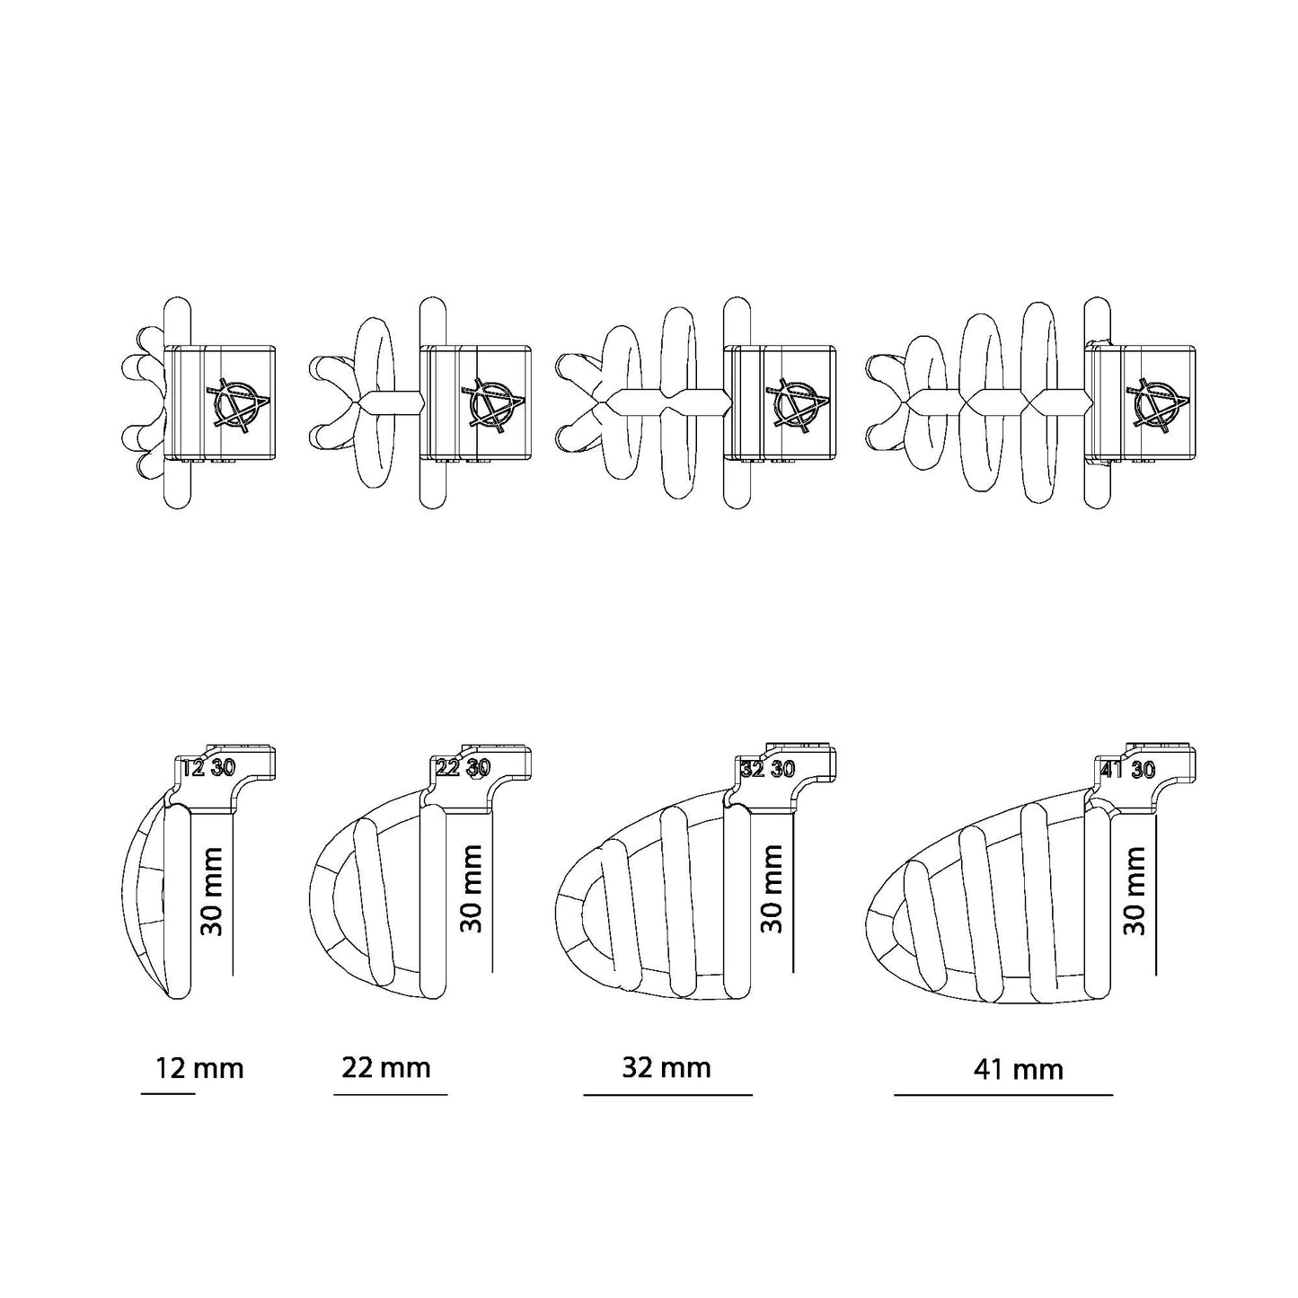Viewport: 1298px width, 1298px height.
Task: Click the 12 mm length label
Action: pos(199,1069)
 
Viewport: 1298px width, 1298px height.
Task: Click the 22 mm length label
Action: pos(386,1067)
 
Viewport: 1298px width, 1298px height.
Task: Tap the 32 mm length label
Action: pos(666,1067)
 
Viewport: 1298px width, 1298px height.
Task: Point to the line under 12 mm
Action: pos(168,1093)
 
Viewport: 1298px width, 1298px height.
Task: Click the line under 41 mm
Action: pos(1003,1095)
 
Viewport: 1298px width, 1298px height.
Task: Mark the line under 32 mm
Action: pos(667,1095)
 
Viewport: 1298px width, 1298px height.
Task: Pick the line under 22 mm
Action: pos(390,1095)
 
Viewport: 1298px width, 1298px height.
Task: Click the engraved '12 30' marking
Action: pos(208,768)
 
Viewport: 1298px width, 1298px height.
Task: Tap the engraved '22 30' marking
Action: pos(463,768)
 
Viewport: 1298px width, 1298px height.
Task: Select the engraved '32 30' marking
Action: pos(768,769)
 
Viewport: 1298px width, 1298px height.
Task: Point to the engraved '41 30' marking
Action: pos(1127,769)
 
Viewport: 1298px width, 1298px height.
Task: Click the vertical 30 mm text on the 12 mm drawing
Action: pos(212,892)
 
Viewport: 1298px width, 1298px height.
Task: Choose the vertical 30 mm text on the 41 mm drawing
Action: pos(1135,890)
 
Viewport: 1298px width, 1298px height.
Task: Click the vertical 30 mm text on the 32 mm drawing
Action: pos(773,888)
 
